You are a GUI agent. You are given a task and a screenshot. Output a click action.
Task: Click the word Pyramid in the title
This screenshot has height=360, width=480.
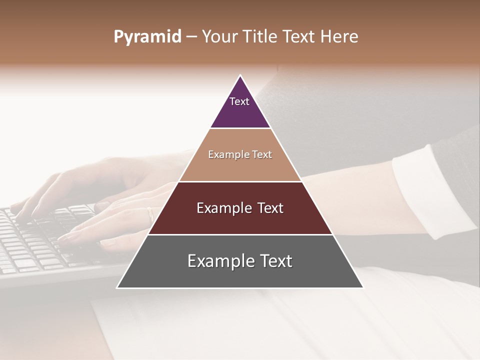click(147, 37)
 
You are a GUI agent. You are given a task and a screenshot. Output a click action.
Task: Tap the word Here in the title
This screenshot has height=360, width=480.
click(339, 37)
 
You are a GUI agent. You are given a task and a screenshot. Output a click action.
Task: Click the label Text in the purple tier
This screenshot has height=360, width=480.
click(239, 101)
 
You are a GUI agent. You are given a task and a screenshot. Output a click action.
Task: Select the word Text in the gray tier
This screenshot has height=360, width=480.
click(274, 261)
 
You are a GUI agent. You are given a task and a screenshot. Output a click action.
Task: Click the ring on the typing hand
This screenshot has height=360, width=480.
click(150, 213)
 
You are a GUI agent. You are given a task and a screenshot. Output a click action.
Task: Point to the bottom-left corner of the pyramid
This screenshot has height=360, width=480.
click(117, 287)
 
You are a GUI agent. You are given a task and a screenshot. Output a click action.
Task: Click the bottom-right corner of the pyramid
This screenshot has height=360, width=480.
click(363, 287)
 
